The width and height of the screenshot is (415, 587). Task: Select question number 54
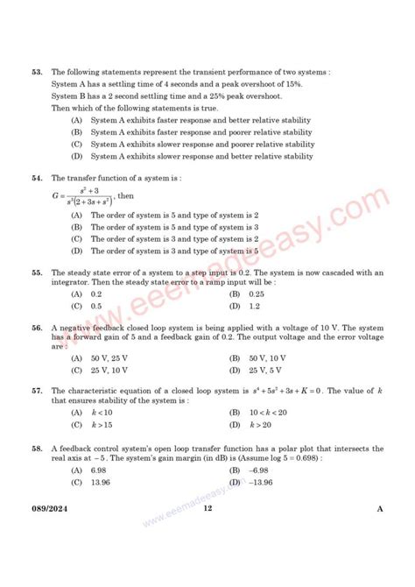(36, 177)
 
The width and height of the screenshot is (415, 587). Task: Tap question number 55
(36, 272)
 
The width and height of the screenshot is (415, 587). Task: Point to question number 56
(36, 327)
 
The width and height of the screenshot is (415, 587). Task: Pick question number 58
(36, 448)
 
